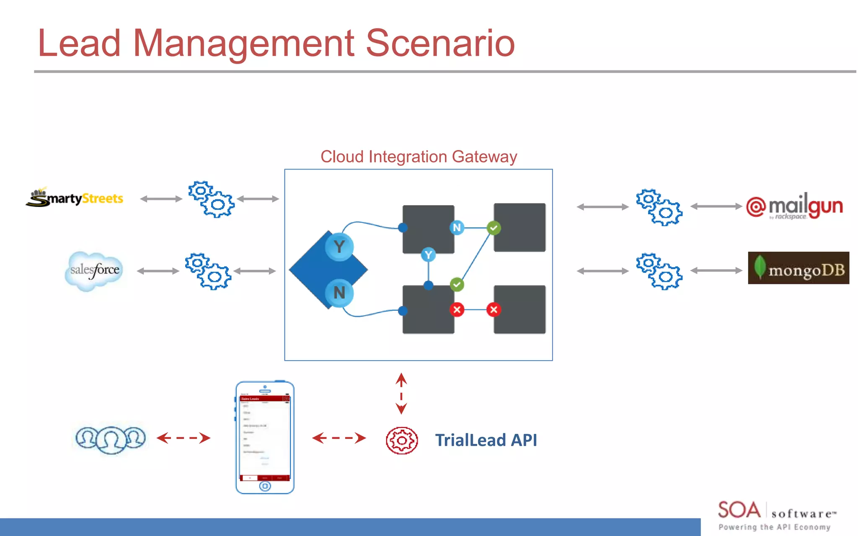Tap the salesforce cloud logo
click(x=94, y=271)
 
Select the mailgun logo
click(x=795, y=206)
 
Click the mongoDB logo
click(x=798, y=268)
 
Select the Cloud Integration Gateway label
click(x=419, y=157)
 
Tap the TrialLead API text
click(x=486, y=440)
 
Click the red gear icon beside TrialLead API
click(x=401, y=440)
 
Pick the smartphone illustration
click(x=265, y=437)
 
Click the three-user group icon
click(x=111, y=438)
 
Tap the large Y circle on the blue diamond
click(x=339, y=247)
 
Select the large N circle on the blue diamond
click(x=339, y=292)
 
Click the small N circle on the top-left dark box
click(x=457, y=228)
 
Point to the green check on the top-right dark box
click(x=494, y=228)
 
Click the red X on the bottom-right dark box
click(x=494, y=309)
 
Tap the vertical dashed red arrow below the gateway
click(x=401, y=394)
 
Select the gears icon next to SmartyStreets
click(x=211, y=199)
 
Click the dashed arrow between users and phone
click(x=183, y=438)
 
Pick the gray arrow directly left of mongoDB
click(x=716, y=271)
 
